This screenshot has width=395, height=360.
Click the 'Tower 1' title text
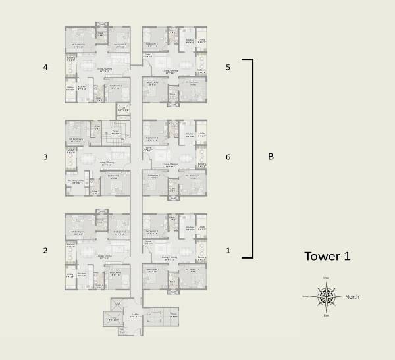326,256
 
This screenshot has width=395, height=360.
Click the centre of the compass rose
326,297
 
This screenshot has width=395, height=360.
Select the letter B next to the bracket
271,157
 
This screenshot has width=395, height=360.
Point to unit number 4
46,67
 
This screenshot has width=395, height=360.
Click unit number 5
228,67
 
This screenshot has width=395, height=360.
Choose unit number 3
46,157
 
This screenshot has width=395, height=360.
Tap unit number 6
228,157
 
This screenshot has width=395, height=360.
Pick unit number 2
46,250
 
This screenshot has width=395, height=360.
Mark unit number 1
228,250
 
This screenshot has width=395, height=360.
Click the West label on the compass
326,278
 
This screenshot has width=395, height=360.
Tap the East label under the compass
326,317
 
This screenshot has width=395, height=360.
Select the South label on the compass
305,297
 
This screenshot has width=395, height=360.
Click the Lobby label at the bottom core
136,315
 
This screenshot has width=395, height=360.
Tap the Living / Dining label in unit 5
170,70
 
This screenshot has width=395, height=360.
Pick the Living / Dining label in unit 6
170,165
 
